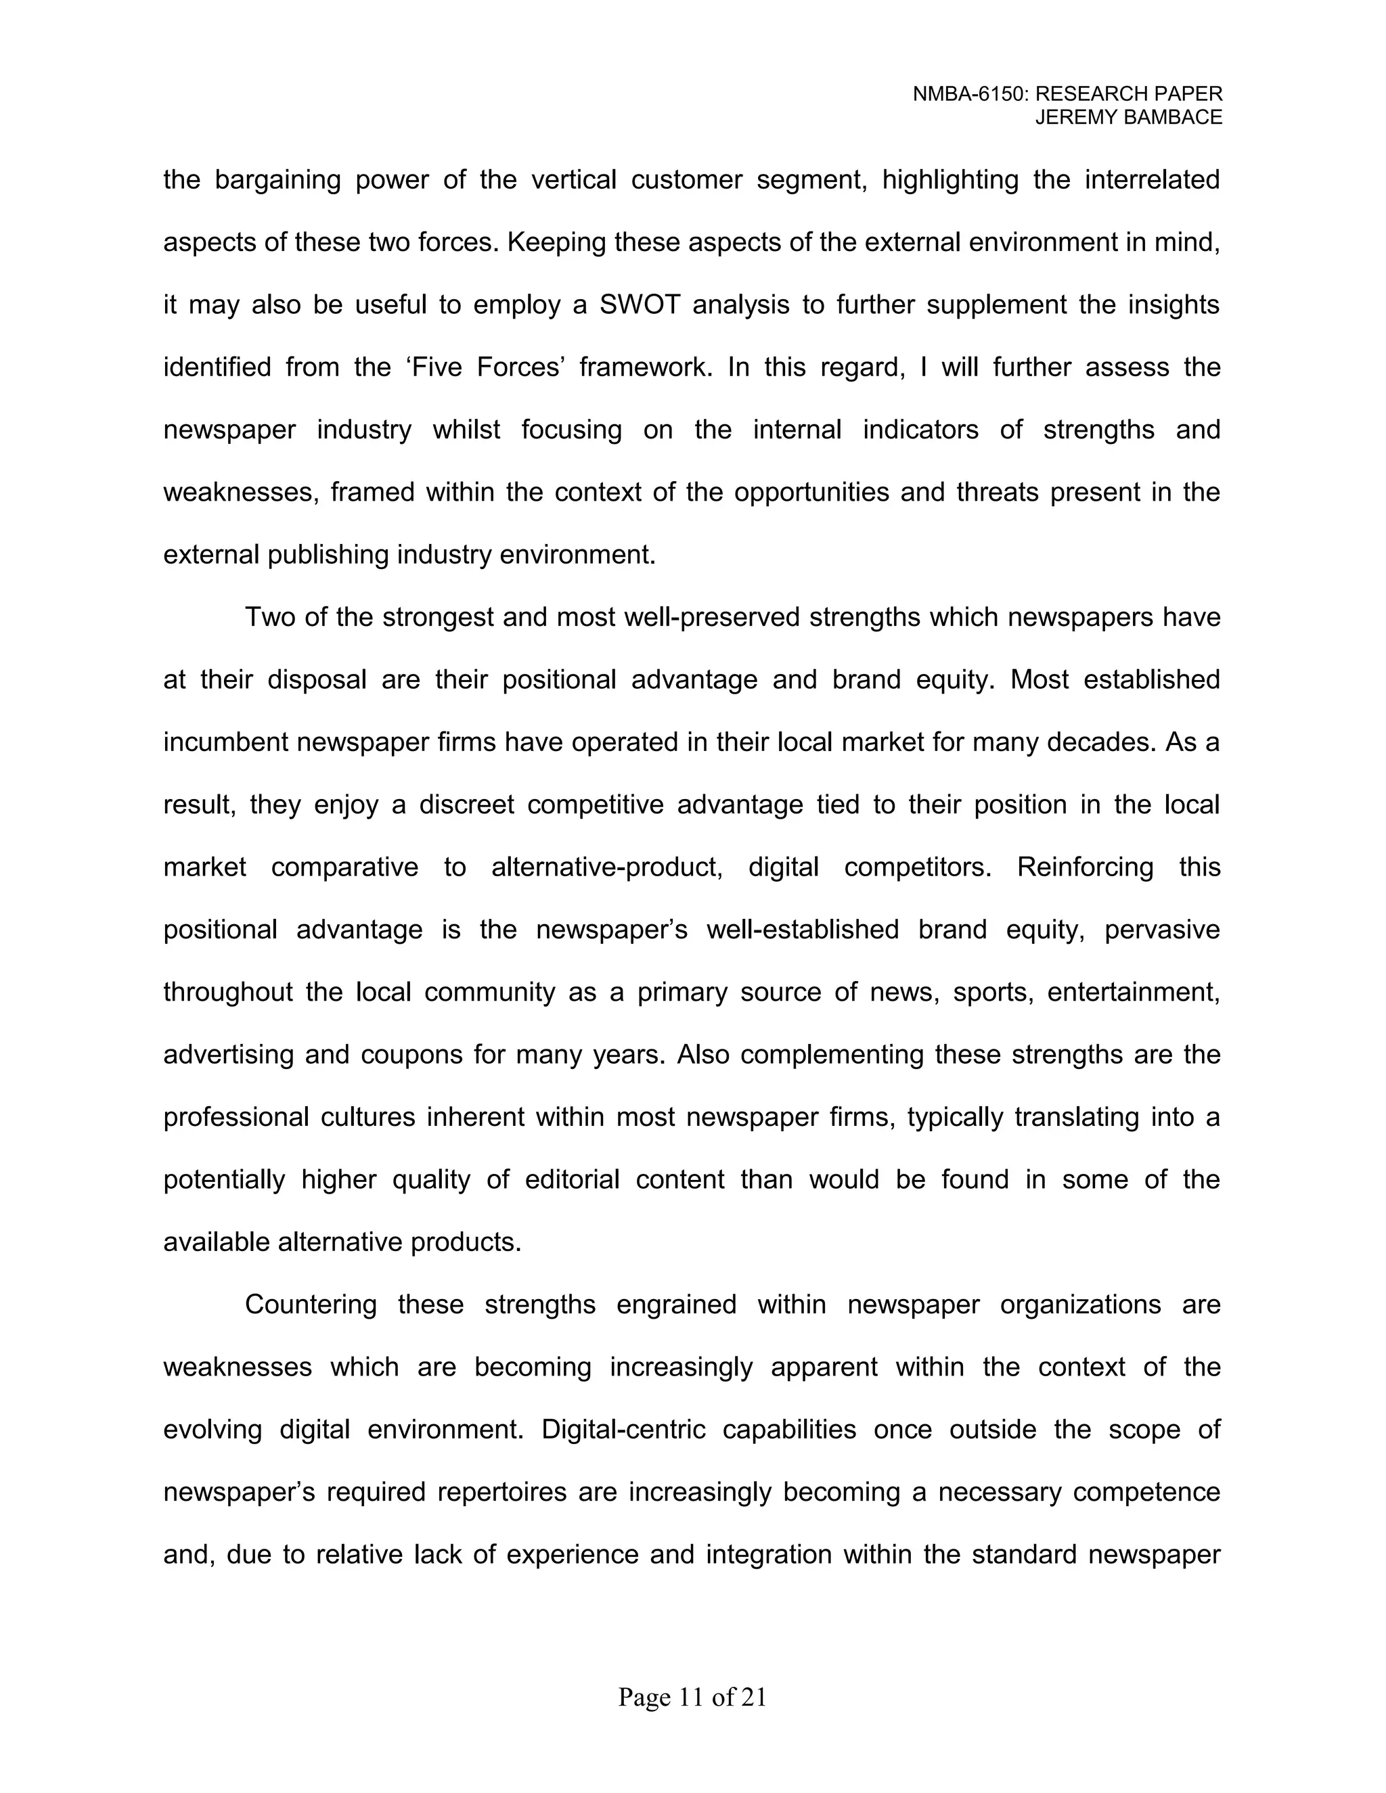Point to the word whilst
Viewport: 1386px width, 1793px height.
466,430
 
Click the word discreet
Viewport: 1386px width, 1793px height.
466,804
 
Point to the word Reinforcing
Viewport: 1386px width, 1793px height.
1085,867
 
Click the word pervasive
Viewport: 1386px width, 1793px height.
1162,930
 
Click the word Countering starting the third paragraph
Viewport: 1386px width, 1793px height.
311,1304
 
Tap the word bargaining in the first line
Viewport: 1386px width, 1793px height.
277,180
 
